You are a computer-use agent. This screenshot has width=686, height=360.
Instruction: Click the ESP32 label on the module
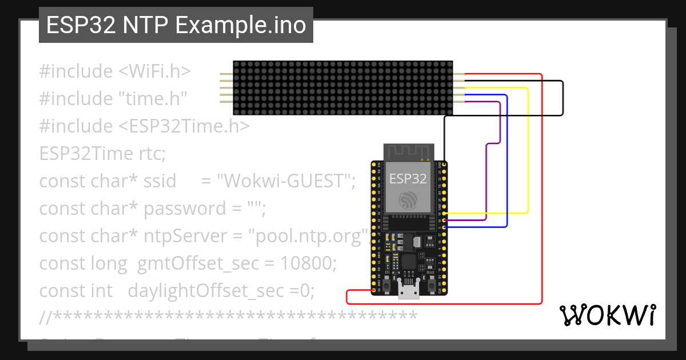(408, 178)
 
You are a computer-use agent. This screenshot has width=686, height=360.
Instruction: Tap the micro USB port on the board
(408, 292)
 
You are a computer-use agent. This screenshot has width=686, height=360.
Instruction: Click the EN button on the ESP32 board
(387, 285)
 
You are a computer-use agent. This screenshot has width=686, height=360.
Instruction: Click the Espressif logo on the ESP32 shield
(408, 201)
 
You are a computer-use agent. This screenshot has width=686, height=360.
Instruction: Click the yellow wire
(528, 154)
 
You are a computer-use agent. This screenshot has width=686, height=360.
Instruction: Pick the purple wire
(500, 123)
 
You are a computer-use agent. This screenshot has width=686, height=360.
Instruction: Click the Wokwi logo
(607, 315)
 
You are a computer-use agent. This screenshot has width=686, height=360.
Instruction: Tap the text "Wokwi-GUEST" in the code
(284, 181)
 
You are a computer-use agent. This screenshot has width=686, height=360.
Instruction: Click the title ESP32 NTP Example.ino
(176, 26)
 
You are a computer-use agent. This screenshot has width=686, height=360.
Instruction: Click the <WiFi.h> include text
(154, 71)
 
